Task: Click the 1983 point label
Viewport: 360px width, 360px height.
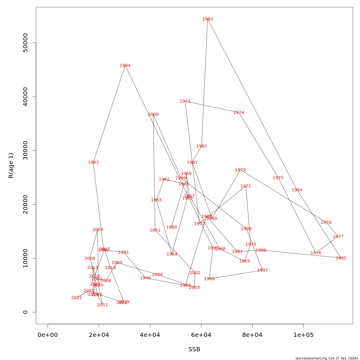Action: pos(208,19)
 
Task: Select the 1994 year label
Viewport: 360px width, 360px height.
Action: pos(125,66)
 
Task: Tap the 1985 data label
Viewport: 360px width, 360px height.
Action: pos(341,258)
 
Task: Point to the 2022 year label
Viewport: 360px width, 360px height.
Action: pos(76,298)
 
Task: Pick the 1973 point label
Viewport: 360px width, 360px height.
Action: pos(185,101)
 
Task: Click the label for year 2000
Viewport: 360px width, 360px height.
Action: pos(153,115)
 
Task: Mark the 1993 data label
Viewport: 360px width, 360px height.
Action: pos(93,163)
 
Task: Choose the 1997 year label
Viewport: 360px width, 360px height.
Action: pos(262,270)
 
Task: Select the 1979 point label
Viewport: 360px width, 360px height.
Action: pos(240,170)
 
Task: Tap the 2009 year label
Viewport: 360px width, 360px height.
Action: pos(98,230)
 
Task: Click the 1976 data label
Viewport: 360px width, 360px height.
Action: pos(316,253)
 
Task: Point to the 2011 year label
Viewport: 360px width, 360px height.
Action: pos(103,305)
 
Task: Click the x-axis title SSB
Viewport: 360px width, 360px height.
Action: pos(194,349)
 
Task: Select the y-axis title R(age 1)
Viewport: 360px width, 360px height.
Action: pos(11,166)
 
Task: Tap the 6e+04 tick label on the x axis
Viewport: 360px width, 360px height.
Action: pos(201,335)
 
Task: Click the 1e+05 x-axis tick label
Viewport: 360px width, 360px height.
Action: pos(304,335)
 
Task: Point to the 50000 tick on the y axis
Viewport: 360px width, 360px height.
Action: pos(25,43)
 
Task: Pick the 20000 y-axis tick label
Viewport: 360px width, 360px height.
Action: pos(25,204)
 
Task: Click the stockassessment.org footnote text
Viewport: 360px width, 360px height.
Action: pos(327,358)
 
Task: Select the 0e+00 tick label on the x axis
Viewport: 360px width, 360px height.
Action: pos(48,335)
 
